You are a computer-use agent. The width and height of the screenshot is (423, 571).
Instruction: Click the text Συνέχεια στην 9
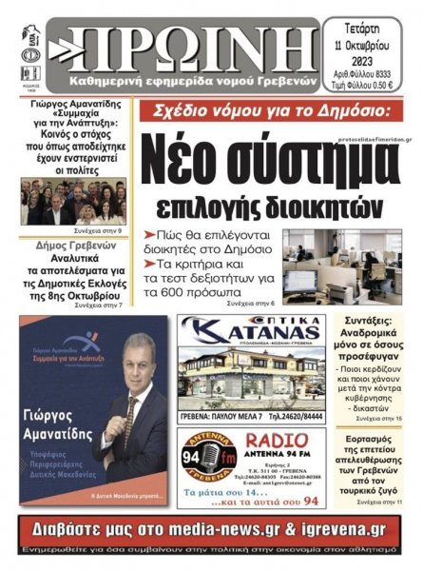pyautogui.click(x=96, y=230)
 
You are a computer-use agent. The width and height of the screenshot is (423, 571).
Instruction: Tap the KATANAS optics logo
pyautogui.click(x=251, y=334)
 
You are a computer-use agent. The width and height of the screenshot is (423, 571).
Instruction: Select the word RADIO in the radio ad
pyautogui.click(x=276, y=441)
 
